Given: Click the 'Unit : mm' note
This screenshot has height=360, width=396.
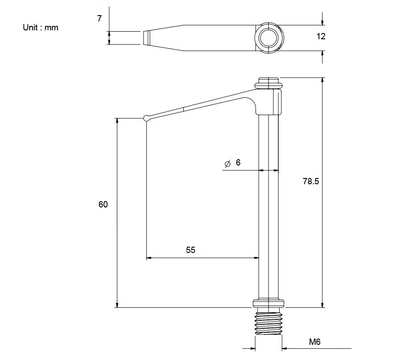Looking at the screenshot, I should (x=41, y=28).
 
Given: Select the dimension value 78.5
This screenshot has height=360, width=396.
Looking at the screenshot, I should (x=310, y=182).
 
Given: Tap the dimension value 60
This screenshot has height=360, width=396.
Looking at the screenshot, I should (x=103, y=205).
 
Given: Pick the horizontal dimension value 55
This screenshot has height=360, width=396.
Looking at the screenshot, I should (x=190, y=250).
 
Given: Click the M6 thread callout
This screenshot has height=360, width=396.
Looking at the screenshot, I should (x=315, y=342).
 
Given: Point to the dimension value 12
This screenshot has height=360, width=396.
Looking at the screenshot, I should (x=321, y=37).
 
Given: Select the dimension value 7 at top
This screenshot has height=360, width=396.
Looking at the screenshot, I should (x=99, y=18).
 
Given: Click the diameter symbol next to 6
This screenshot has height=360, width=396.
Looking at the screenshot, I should (x=227, y=164).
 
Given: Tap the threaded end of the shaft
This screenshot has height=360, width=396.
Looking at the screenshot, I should (x=268, y=323).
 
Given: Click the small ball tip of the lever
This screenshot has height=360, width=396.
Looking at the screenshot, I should (x=146, y=118).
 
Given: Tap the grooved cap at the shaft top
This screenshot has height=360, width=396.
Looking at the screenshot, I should (x=268, y=83).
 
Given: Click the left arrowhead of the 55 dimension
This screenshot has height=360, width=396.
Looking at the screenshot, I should (x=149, y=258).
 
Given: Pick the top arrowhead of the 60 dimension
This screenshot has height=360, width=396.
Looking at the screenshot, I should (x=117, y=121).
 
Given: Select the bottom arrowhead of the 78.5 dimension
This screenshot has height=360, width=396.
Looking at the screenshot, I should (x=322, y=305).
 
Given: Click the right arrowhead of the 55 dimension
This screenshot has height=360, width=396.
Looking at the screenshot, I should (x=256, y=258).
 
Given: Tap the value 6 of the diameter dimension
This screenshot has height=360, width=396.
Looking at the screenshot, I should (x=238, y=163).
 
